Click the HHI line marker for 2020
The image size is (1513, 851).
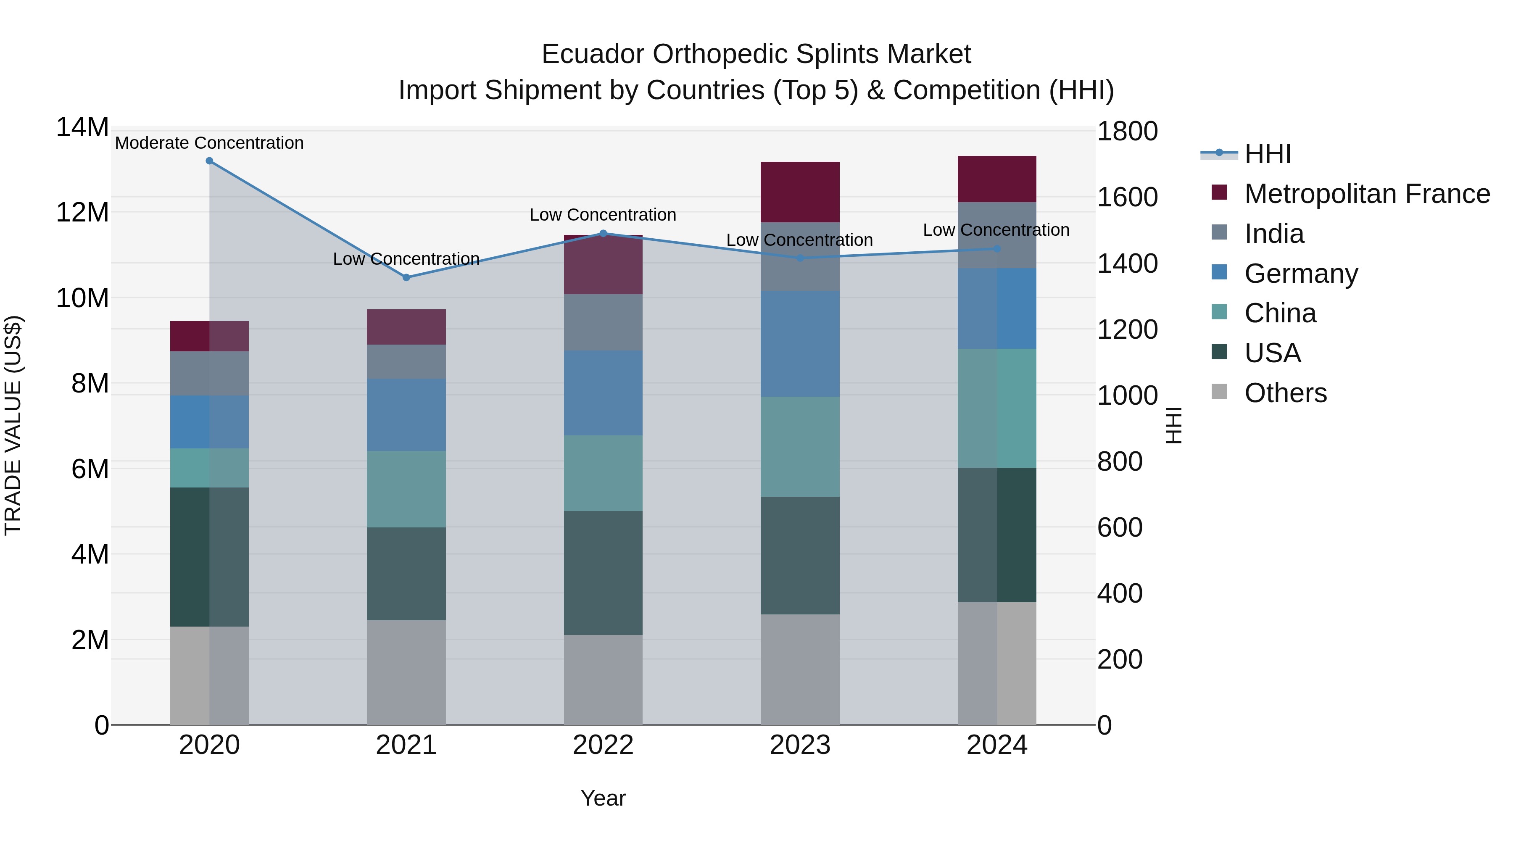click(x=209, y=161)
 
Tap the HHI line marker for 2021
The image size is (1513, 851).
click(x=406, y=277)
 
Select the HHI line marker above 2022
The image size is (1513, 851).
click(x=603, y=233)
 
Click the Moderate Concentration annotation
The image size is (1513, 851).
click(x=209, y=143)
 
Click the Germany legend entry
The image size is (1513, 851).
click(x=1300, y=274)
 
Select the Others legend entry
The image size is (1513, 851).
click(x=1285, y=393)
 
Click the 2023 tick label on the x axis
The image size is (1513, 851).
click(x=799, y=745)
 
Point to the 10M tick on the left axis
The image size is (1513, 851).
click(x=82, y=298)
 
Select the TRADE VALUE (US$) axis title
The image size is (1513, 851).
click(x=13, y=425)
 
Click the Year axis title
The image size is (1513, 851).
click(x=603, y=798)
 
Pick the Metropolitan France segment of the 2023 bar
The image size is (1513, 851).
click(x=799, y=192)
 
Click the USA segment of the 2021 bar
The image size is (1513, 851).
click(x=406, y=573)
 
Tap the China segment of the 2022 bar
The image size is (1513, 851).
click(x=603, y=473)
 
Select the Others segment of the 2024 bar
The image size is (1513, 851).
click(x=997, y=663)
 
